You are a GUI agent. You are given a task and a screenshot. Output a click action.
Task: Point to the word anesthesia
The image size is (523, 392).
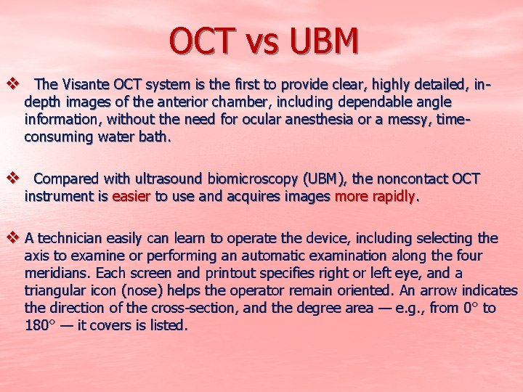point(315,120)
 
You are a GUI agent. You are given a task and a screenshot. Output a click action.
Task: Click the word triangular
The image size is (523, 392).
point(56,290)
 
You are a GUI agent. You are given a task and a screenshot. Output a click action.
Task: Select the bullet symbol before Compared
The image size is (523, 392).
point(11,178)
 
